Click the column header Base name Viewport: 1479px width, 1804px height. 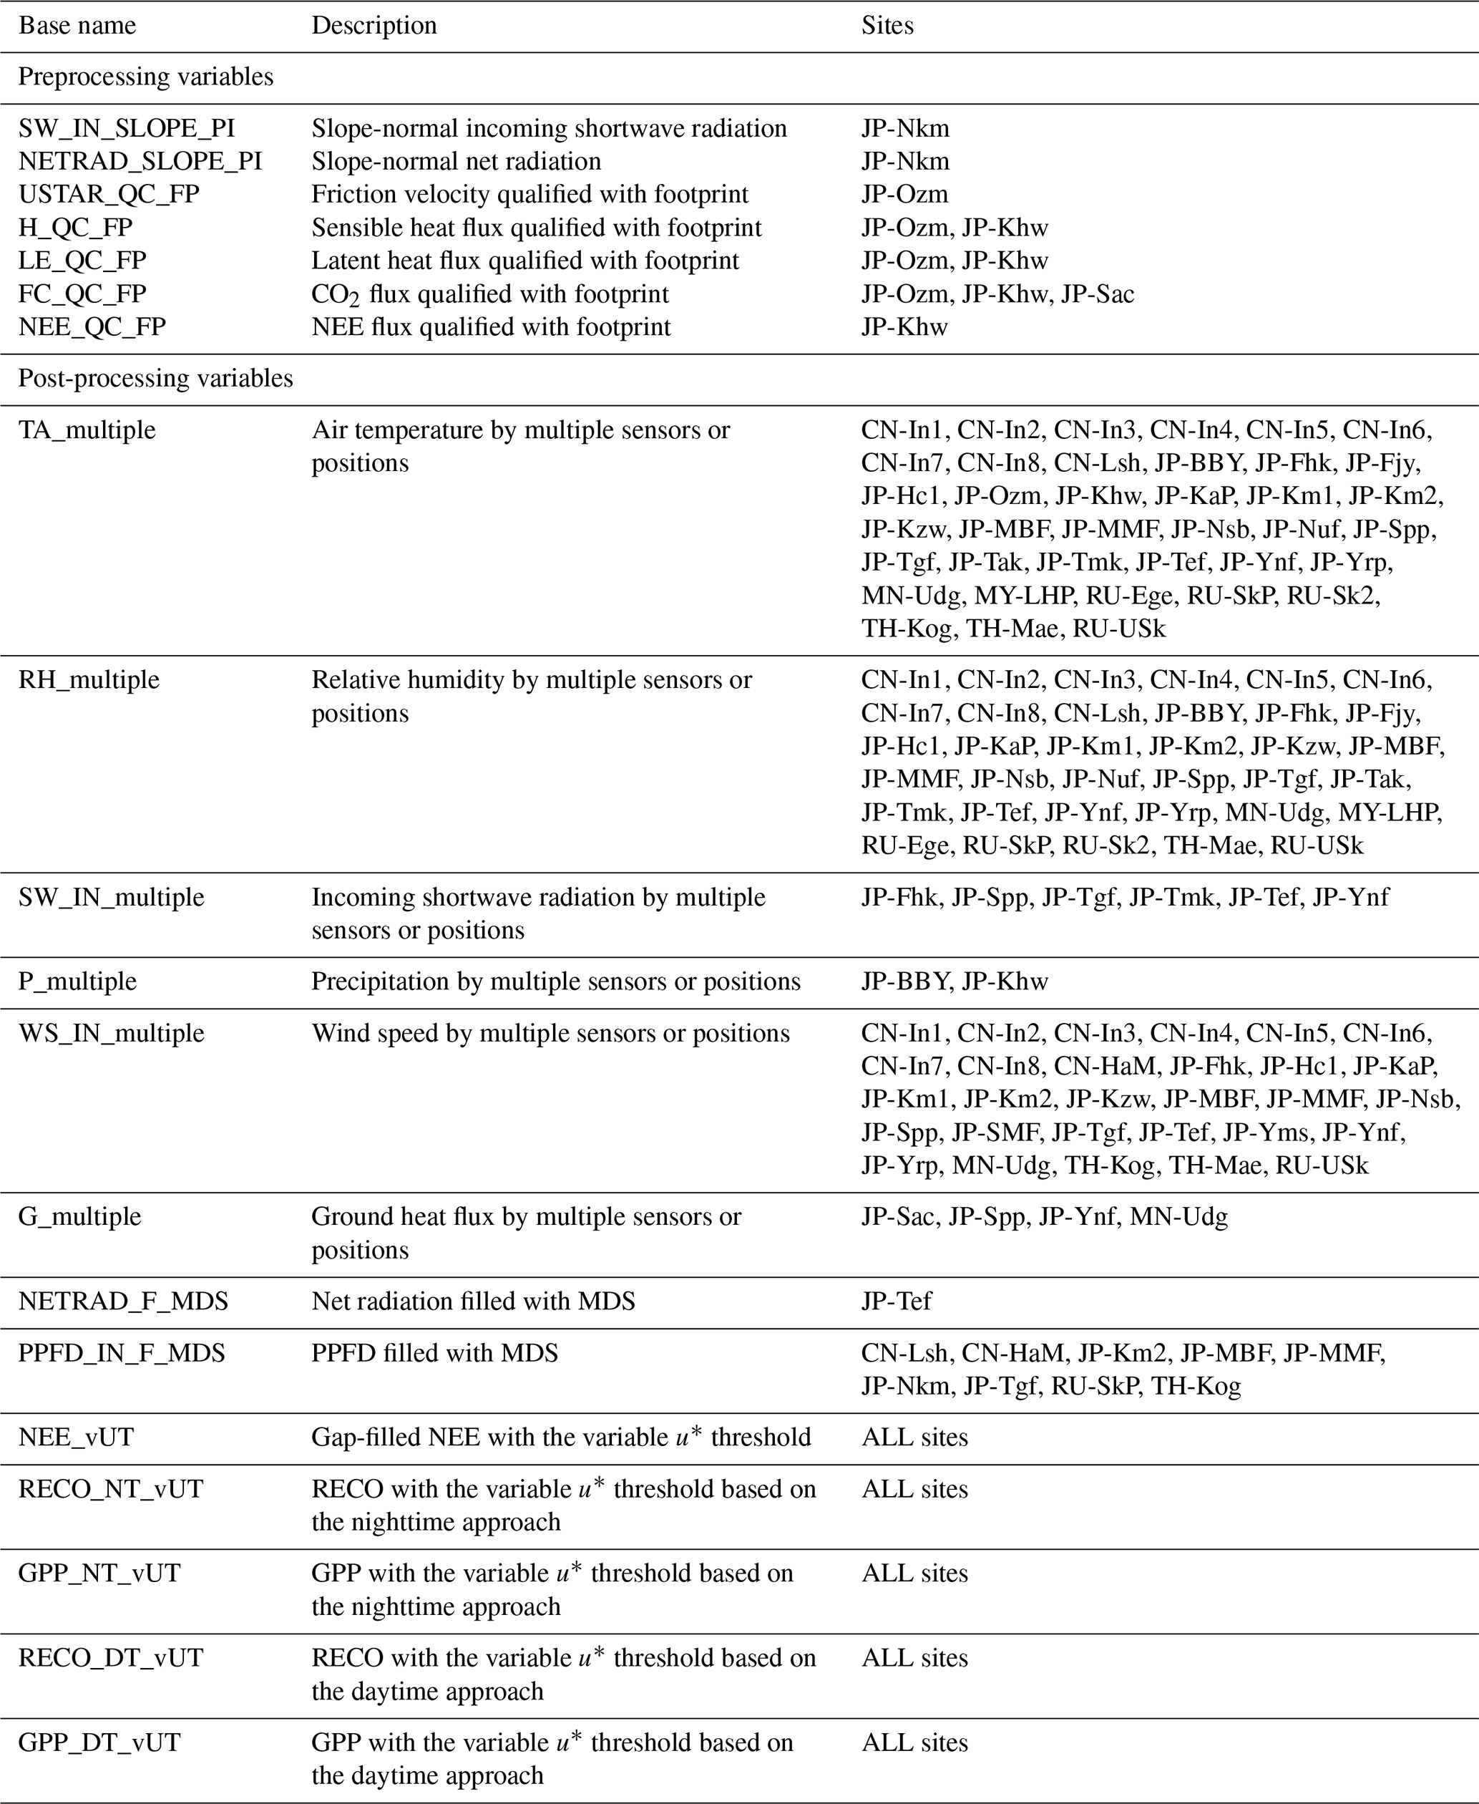[x=77, y=26]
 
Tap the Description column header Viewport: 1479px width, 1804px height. [x=374, y=26]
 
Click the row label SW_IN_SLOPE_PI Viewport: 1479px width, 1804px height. [x=127, y=129]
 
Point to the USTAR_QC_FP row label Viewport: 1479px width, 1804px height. [x=109, y=194]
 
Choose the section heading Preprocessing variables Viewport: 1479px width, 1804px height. [x=146, y=77]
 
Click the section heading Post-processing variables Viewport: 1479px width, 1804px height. [x=156, y=379]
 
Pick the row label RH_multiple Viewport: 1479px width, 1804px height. [x=89, y=680]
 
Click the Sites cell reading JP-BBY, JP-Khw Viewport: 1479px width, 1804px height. [x=955, y=981]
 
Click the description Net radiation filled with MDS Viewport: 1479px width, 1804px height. [x=473, y=1301]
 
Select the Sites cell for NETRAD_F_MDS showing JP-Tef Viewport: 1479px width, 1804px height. [x=897, y=1301]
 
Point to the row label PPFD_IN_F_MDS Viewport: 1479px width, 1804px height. [x=122, y=1353]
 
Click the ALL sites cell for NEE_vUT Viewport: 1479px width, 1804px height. [x=915, y=1437]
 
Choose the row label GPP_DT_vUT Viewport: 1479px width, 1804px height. [x=99, y=1742]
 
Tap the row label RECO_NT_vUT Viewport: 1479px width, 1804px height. [x=111, y=1490]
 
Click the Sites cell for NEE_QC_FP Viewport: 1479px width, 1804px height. [x=904, y=327]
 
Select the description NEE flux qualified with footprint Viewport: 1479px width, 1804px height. [x=491, y=327]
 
